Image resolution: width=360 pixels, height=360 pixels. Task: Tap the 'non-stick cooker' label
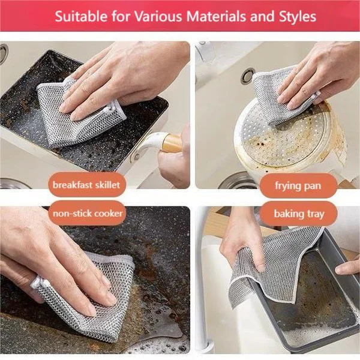pyautogui.click(x=88, y=214)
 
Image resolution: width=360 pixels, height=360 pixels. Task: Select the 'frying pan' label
pyautogui.click(x=298, y=185)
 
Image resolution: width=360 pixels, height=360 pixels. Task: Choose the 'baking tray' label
pyautogui.click(x=298, y=214)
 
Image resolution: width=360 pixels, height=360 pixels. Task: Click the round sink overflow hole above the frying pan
pyautogui.click(x=247, y=76)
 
